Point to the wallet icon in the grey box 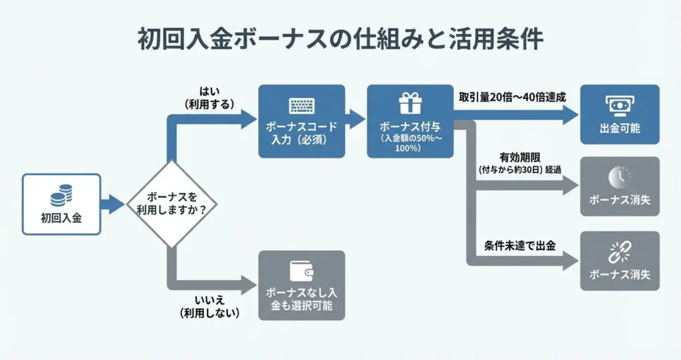coord(301,270)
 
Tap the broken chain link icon coord(620,252)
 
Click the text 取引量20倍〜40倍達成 coord(512,96)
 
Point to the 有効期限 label coord(523,157)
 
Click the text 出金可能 coord(620,128)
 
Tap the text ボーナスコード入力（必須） coord(301,132)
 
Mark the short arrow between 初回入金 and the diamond coord(113,204)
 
